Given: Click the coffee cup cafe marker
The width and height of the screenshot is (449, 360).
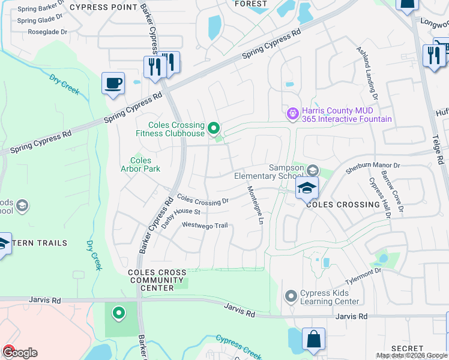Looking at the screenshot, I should click(112, 83).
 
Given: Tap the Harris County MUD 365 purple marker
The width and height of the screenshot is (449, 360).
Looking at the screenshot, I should click(292, 112).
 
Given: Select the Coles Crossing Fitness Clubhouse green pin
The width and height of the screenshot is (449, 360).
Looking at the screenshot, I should click(213, 127).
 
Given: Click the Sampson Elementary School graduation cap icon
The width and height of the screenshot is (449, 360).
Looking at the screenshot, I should click(306, 188).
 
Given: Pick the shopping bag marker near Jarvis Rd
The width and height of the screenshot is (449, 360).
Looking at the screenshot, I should click(313, 340).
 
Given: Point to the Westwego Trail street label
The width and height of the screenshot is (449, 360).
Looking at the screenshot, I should click(205, 226).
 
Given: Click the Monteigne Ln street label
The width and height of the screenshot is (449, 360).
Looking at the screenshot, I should click(255, 205).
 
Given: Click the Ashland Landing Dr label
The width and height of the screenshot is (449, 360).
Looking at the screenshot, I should click(367, 73).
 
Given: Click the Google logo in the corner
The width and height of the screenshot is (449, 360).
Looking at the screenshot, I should click(20, 352).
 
